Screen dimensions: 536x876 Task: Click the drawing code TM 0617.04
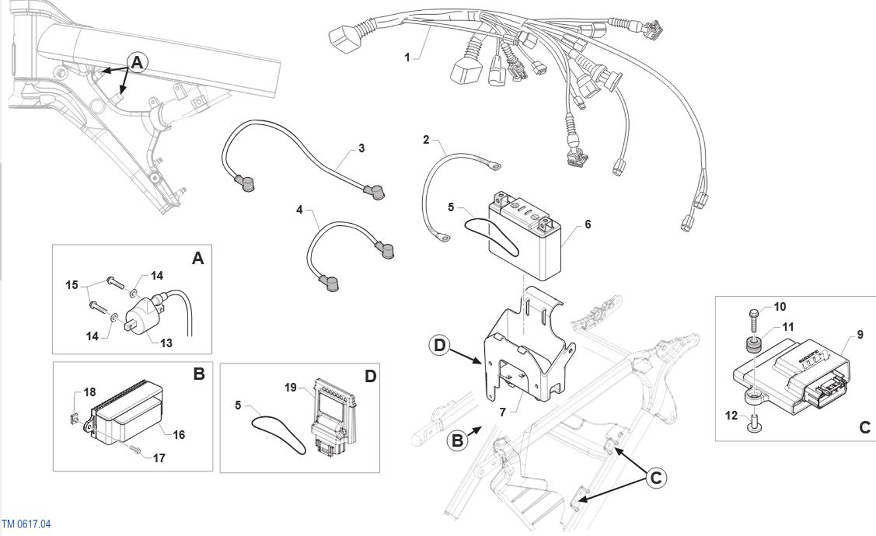click(x=26, y=524)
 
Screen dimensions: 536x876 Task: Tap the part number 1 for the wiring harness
click(x=407, y=58)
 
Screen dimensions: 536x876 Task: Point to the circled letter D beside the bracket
click(x=440, y=345)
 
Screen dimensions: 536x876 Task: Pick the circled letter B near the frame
click(x=458, y=441)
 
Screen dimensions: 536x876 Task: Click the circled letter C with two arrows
click(x=656, y=478)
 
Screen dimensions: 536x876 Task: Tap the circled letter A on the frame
click(x=137, y=62)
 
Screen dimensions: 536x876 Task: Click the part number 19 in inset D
click(x=290, y=387)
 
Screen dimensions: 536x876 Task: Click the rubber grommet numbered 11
click(x=752, y=345)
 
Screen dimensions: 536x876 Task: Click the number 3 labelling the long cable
click(x=362, y=149)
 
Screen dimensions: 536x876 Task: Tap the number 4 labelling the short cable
click(x=300, y=210)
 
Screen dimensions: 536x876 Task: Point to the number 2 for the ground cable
click(x=426, y=140)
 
